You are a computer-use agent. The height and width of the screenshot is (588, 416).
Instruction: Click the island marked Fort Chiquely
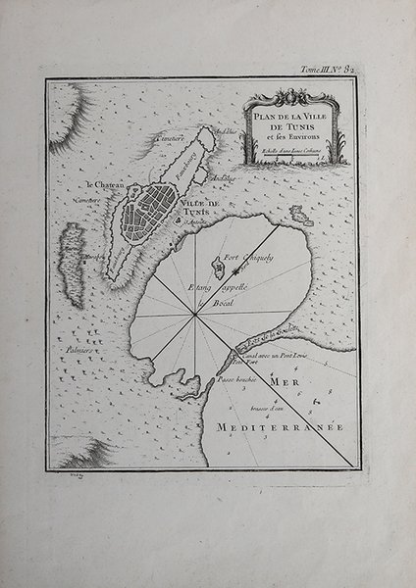coord(216,265)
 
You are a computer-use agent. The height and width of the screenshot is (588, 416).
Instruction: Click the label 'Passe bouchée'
coord(236,378)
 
